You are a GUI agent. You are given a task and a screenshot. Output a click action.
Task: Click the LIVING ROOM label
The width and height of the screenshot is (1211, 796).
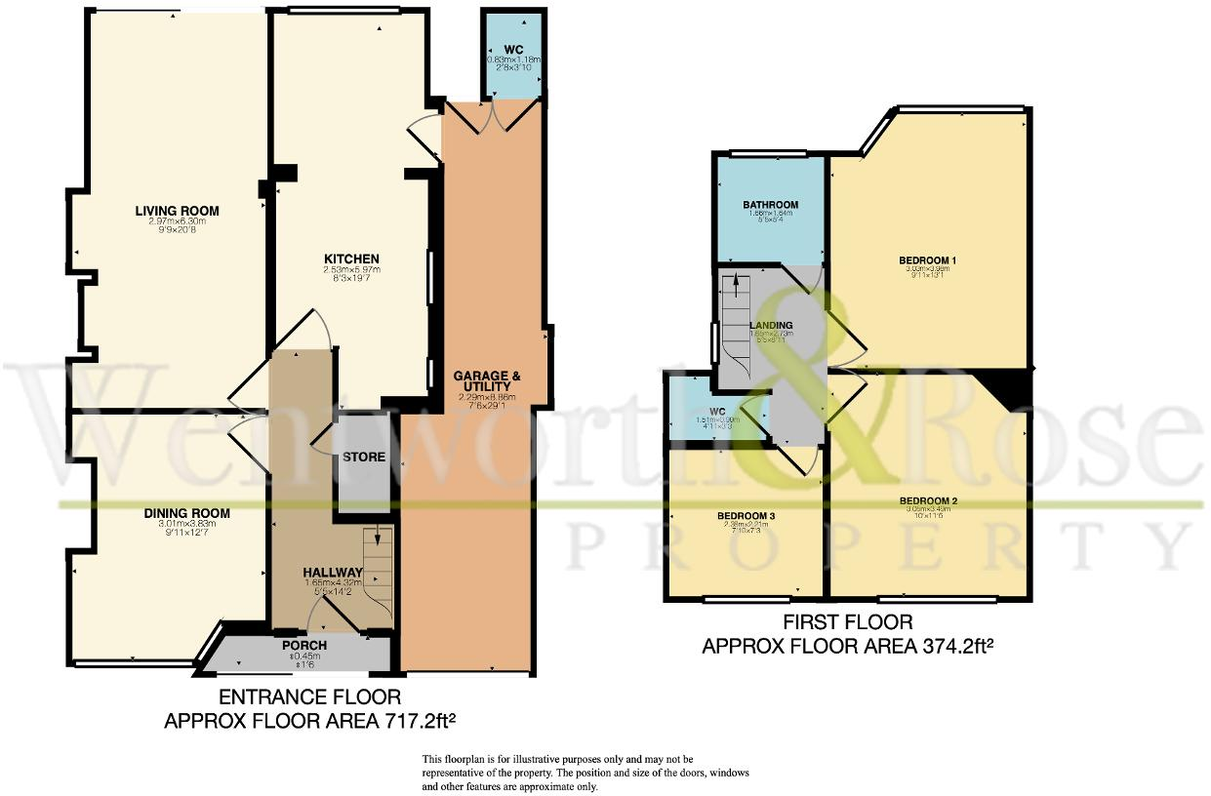pos(177,211)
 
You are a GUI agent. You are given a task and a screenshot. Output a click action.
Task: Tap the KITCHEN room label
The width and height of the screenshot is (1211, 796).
pos(351,259)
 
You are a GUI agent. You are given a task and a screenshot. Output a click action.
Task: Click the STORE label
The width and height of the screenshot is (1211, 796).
pos(363,457)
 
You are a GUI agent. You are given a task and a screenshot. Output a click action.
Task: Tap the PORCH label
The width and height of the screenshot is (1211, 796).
pos(304,645)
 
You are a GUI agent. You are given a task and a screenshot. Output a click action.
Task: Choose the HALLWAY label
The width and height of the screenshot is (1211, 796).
pos(333,573)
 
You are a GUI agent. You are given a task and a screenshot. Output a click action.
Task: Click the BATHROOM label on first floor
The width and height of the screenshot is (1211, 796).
pos(770,205)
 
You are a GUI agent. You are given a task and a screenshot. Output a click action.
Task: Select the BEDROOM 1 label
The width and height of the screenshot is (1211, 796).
pos(927,259)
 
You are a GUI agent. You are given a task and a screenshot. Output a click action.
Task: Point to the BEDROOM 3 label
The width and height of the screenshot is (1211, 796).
pos(747,515)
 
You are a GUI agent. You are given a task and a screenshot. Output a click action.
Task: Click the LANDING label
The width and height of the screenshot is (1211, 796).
pos(771,325)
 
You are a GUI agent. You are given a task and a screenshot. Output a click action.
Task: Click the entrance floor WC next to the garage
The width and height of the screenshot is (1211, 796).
pos(513,50)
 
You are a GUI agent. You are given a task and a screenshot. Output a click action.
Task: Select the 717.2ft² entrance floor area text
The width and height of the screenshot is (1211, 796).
pos(310,722)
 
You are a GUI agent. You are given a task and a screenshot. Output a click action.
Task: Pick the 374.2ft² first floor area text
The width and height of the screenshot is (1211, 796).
pos(848,646)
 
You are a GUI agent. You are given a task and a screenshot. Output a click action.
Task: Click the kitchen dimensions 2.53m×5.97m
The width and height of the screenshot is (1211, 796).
pos(351,270)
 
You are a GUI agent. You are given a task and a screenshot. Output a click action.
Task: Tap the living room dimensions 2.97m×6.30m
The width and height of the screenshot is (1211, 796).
pos(177,221)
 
